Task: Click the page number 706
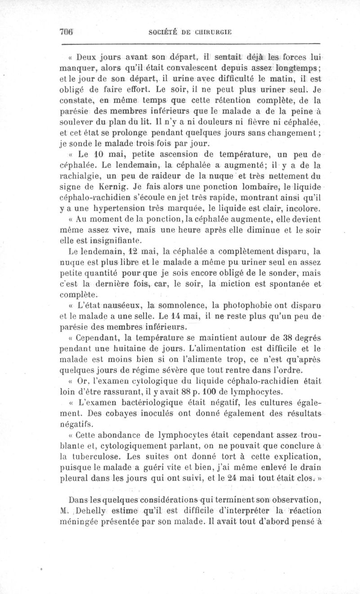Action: (66, 31)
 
